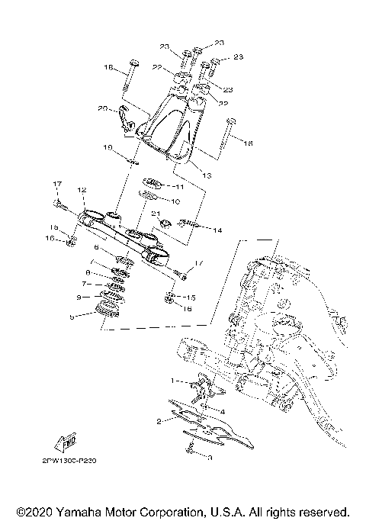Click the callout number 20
pos(124,108)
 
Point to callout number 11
pos(180,186)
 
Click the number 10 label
pos(175,201)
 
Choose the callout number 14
pos(217,229)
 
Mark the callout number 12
pos(81,190)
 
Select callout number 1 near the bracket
pos(173,380)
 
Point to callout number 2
pos(158,420)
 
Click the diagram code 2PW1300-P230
pos(59,461)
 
